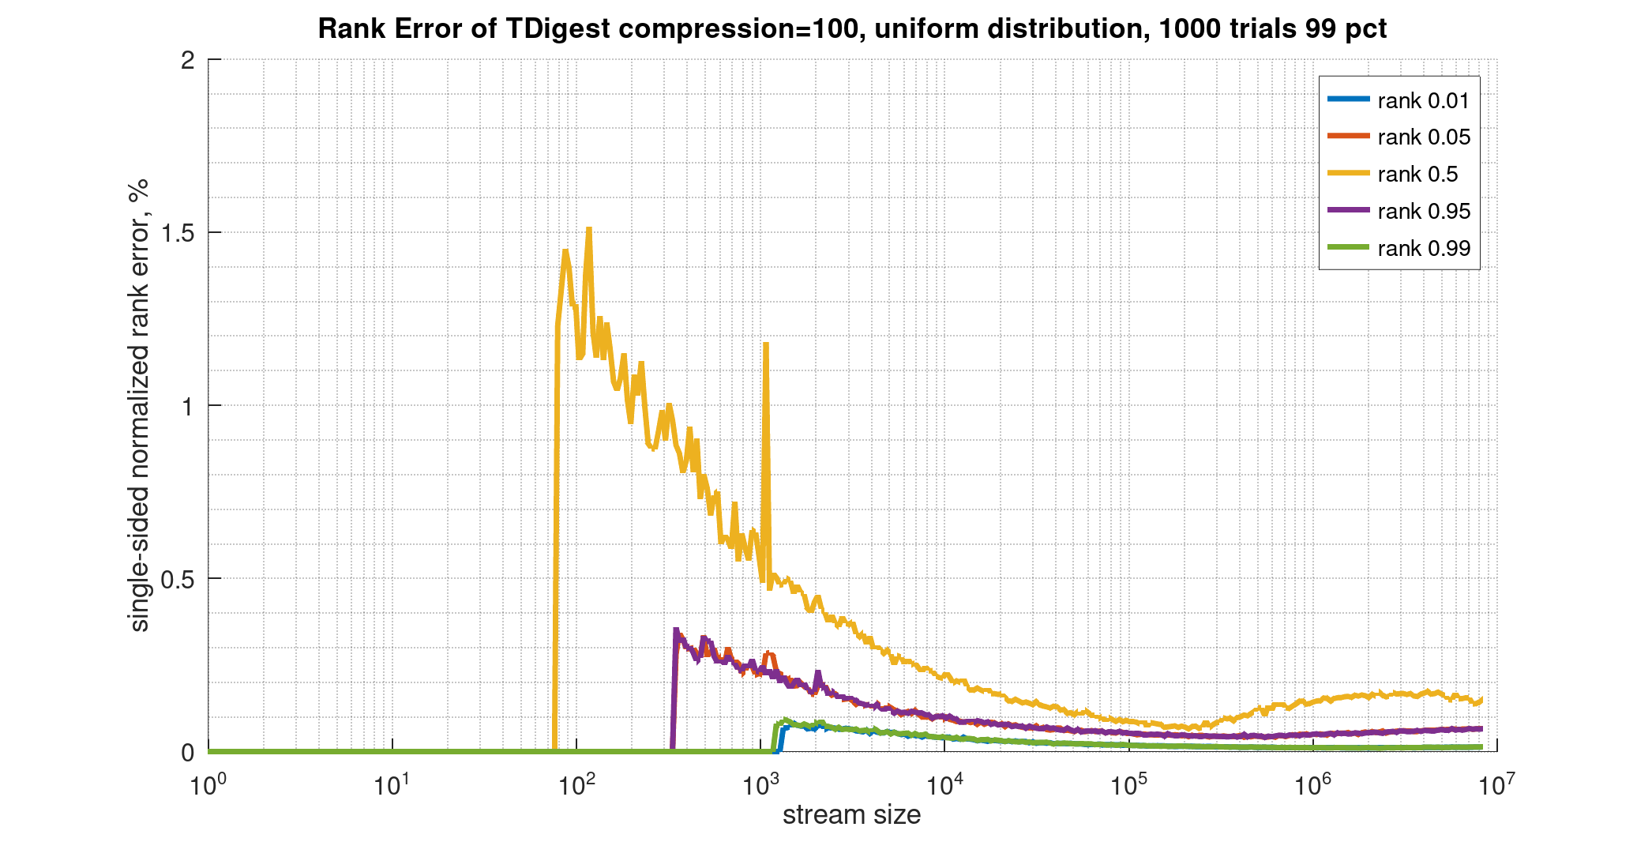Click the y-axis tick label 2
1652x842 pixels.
[x=188, y=60]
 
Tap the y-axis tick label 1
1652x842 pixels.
[x=188, y=406]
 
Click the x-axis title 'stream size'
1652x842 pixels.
[x=851, y=814]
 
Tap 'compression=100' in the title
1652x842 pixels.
[x=739, y=28]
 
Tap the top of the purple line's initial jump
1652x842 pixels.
[x=676, y=630]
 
